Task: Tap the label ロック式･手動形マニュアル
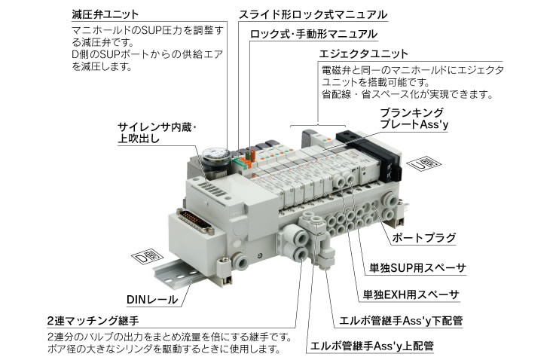(x=313, y=35)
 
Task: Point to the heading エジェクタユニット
(x=365, y=54)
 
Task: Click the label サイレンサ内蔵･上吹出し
(x=154, y=133)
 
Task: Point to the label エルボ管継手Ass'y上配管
(x=372, y=346)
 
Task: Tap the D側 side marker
(x=144, y=258)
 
